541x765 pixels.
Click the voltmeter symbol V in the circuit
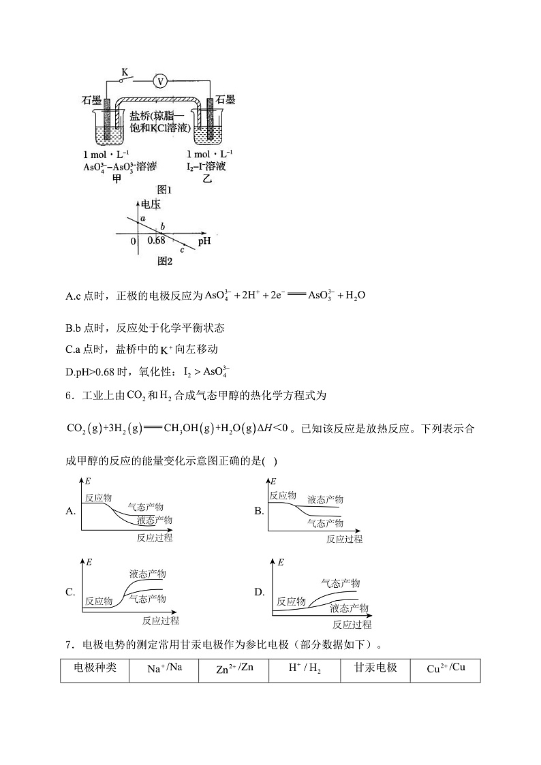[161, 81]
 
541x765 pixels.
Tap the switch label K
[125, 71]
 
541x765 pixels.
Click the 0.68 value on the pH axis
[156, 240]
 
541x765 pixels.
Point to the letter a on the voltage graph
[143, 218]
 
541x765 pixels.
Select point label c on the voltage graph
[183, 250]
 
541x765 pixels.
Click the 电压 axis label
[149, 204]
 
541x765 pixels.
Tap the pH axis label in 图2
[204, 240]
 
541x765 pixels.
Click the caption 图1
[164, 190]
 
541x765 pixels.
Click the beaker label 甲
[117, 178]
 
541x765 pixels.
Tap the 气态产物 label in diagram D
[341, 583]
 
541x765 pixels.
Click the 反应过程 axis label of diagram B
[344, 539]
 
